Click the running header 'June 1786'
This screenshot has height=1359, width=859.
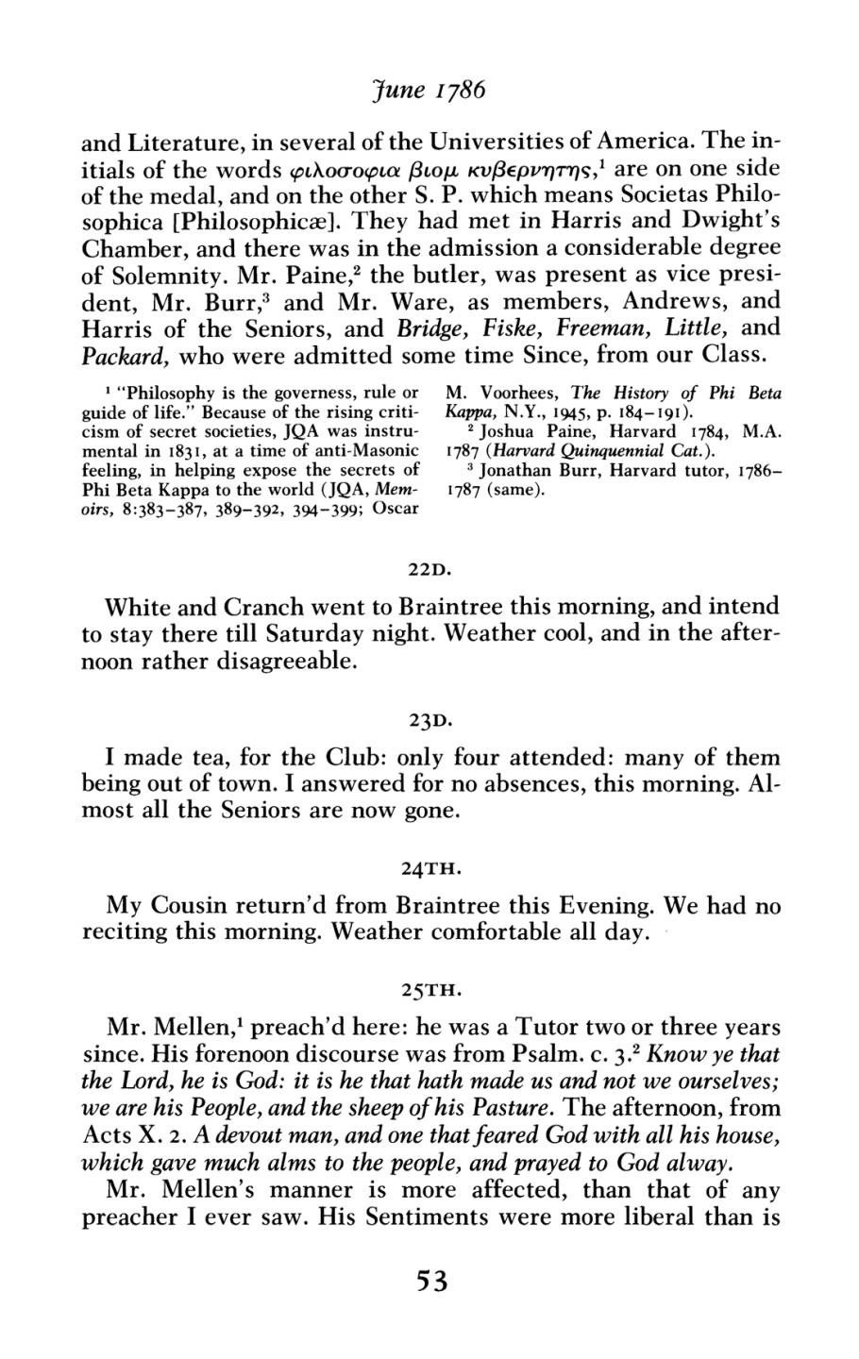pos(429,92)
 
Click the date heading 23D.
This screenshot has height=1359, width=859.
pos(430,723)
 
